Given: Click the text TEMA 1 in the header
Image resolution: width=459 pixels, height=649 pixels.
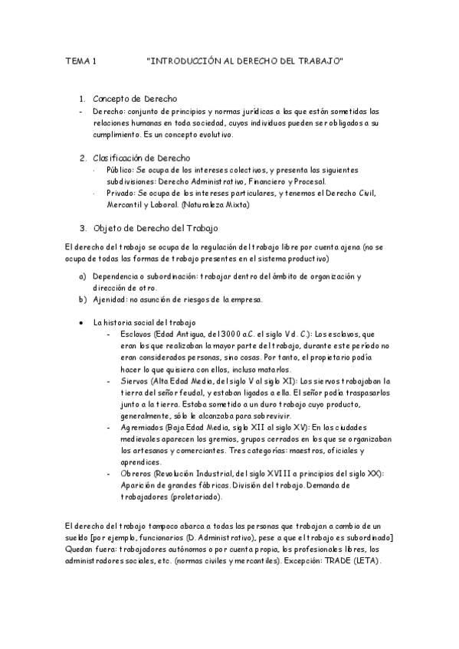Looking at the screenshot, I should pyautogui.click(x=80, y=60).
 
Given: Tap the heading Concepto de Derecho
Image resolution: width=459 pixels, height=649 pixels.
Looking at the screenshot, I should pyautogui.click(x=135, y=99).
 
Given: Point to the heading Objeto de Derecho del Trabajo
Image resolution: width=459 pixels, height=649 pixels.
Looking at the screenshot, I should pyautogui.click(x=156, y=228).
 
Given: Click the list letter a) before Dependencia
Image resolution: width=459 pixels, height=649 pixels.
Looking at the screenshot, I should pyautogui.click(x=83, y=276).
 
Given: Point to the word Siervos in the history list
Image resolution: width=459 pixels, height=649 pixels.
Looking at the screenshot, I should pyautogui.click(x=135, y=380).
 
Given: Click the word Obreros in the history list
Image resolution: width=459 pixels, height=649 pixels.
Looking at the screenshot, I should pyautogui.click(x=136, y=474).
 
